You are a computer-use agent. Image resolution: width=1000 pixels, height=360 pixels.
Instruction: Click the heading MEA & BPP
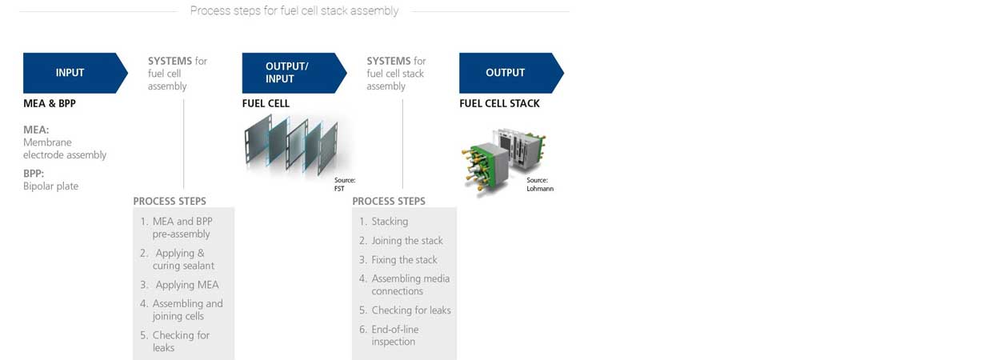tap(49, 104)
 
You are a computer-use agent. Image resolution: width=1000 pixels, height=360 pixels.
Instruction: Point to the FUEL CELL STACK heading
tap(499, 104)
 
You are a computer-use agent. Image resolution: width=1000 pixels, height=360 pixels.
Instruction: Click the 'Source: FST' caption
tap(345, 184)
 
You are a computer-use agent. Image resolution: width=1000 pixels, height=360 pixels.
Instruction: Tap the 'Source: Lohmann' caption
tap(539, 185)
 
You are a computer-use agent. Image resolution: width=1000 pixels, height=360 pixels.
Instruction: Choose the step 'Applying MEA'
tap(186, 285)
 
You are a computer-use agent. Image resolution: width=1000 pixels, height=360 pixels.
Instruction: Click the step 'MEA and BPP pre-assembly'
tap(182, 227)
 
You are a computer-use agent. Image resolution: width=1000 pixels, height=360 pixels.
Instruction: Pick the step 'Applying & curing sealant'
tap(183, 259)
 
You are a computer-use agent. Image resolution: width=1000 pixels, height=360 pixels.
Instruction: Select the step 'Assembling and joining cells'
tap(187, 310)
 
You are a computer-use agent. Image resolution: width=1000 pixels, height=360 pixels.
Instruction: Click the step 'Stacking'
tap(390, 222)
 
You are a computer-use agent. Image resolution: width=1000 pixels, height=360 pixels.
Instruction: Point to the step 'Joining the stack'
tap(406, 241)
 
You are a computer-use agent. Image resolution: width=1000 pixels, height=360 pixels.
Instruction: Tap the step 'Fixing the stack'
tap(404, 260)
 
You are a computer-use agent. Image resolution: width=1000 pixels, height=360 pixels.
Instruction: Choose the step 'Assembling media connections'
tap(410, 285)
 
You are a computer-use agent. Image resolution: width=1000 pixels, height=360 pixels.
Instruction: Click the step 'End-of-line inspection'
tap(394, 335)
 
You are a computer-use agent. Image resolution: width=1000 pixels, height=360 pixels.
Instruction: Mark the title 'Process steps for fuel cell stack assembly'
tap(294, 11)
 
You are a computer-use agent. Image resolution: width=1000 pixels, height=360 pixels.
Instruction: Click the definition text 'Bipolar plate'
tap(51, 186)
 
